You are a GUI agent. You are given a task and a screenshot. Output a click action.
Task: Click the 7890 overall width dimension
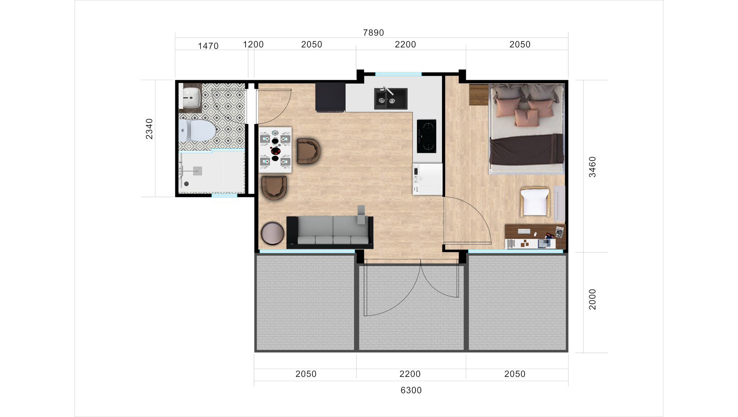coord(373,33)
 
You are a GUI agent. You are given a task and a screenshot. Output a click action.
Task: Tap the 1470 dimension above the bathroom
coord(208,46)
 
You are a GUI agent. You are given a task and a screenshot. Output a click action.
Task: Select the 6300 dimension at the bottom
coord(411,390)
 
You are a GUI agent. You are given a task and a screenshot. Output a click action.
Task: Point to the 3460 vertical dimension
coord(592,167)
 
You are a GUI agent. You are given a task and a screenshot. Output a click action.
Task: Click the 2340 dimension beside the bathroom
coord(149,129)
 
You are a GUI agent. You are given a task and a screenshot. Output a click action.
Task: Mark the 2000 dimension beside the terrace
coord(592,299)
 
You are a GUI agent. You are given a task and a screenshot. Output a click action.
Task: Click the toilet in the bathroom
coord(197,130)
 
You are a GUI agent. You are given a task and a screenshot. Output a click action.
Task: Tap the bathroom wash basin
coord(191,97)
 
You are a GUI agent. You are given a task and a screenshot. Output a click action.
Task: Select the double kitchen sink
coord(391,99)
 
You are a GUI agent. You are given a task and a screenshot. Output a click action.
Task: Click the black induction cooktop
coord(426,136)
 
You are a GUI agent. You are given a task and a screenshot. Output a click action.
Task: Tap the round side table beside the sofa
coord(272,233)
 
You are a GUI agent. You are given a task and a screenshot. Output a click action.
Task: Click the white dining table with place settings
coord(275,150)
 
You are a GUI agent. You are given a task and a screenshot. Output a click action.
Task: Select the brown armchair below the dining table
coord(274,187)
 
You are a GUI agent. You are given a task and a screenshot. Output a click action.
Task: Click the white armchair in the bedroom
coord(535,202)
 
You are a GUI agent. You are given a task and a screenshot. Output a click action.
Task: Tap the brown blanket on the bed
coord(526,149)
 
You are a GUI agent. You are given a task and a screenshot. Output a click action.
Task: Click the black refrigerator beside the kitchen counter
coord(330,97)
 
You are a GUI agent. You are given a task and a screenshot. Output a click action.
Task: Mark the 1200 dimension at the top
coord(253,45)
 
